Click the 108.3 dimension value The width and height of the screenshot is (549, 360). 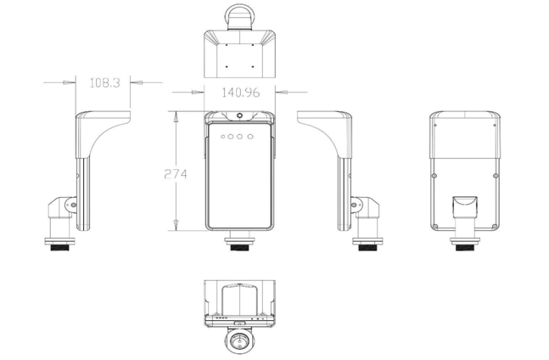[104, 82]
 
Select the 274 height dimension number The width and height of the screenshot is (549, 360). [176, 173]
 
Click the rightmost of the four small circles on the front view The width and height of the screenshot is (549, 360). [252, 135]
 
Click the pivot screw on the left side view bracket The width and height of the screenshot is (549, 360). [73, 205]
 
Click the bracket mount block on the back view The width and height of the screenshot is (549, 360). [463, 206]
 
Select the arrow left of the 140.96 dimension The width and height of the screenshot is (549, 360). [197, 89]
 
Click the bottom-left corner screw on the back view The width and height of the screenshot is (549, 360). [434, 227]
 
